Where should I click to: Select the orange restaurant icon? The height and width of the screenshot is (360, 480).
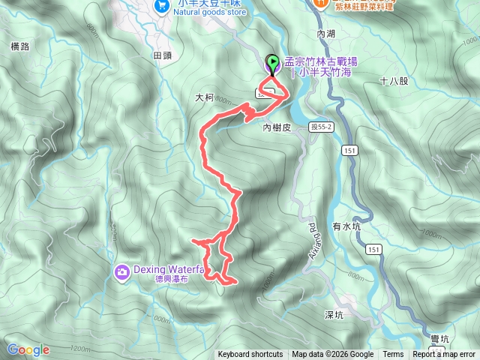[320, 3]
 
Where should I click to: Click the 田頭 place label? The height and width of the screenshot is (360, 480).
[163, 55]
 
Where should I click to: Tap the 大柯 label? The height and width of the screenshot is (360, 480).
[205, 97]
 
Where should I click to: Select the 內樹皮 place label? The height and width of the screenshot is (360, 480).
[277, 127]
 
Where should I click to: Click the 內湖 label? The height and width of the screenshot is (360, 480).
[327, 34]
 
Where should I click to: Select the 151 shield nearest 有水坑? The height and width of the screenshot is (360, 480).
[373, 248]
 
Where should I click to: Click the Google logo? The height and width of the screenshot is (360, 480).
[28, 349]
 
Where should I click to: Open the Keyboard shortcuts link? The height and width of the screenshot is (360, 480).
[250, 355]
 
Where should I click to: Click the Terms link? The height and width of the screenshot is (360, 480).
[393, 355]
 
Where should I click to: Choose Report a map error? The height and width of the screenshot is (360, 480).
[445, 355]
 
